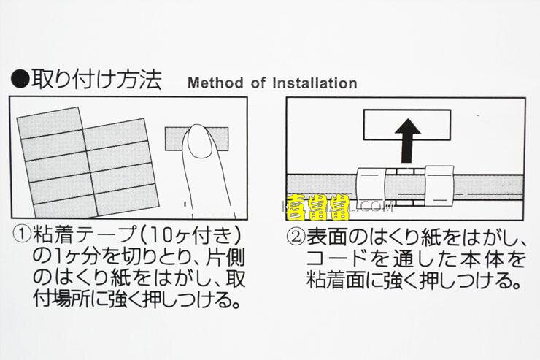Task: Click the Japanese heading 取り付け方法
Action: [96, 79]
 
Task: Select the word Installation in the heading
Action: [314, 83]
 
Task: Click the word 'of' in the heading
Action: [258, 83]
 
